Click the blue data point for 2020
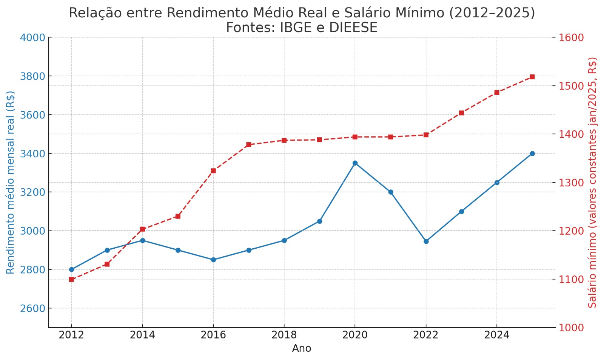(x=355, y=163)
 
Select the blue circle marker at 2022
(x=426, y=242)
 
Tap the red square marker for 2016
(x=213, y=171)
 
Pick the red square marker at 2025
(x=532, y=77)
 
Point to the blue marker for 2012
(x=71, y=269)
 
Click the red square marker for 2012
(x=71, y=279)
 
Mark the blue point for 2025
(x=532, y=154)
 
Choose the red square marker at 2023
(x=461, y=113)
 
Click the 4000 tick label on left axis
(x=32, y=38)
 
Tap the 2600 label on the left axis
(x=32, y=308)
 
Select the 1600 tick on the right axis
(x=571, y=38)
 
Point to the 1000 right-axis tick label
(x=571, y=328)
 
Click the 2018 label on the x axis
(x=284, y=335)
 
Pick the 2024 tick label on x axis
(x=497, y=335)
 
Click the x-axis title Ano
(x=301, y=348)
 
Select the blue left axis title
(x=11, y=182)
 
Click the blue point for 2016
(x=213, y=260)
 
